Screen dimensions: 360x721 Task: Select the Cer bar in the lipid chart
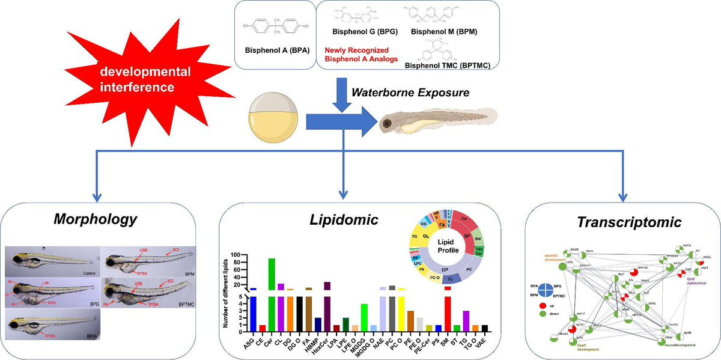[272, 294]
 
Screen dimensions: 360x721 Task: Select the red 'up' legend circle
[545, 306]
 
